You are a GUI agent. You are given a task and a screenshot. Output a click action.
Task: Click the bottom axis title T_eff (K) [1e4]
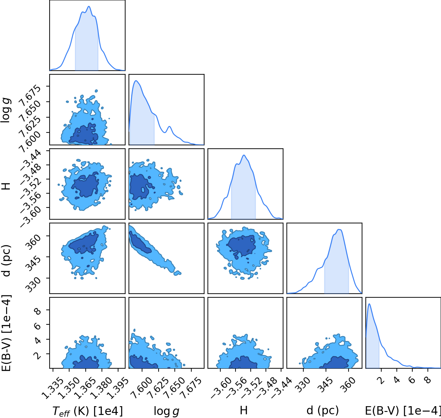pyautogui.click(x=87, y=411)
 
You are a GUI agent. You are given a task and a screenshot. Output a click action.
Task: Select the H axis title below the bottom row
pyautogui.click(x=244, y=411)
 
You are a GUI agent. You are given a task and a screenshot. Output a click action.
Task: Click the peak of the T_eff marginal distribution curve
pyautogui.click(x=89, y=6)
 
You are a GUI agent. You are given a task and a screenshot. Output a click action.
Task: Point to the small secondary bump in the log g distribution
pyautogui.click(x=170, y=127)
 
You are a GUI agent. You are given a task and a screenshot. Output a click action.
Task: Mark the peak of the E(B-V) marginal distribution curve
pyautogui.click(x=369, y=304)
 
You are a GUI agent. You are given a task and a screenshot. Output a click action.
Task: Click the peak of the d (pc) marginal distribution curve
pyautogui.click(x=339, y=229)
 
